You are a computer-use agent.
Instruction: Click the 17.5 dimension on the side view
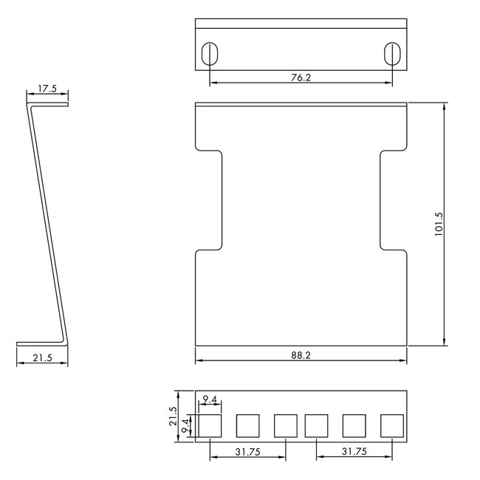pyautogui.click(x=47, y=89)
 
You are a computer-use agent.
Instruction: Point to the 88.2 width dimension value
pyautogui.click(x=301, y=355)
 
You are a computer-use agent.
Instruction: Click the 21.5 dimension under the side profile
pyautogui.click(x=43, y=358)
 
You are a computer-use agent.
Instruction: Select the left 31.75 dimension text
pyautogui.click(x=247, y=451)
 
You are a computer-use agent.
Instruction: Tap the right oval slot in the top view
pyautogui.click(x=393, y=54)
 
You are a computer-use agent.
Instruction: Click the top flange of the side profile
pyautogui.click(x=48, y=105)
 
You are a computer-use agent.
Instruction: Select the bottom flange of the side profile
pyautogui.click(x=42, y=343)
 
